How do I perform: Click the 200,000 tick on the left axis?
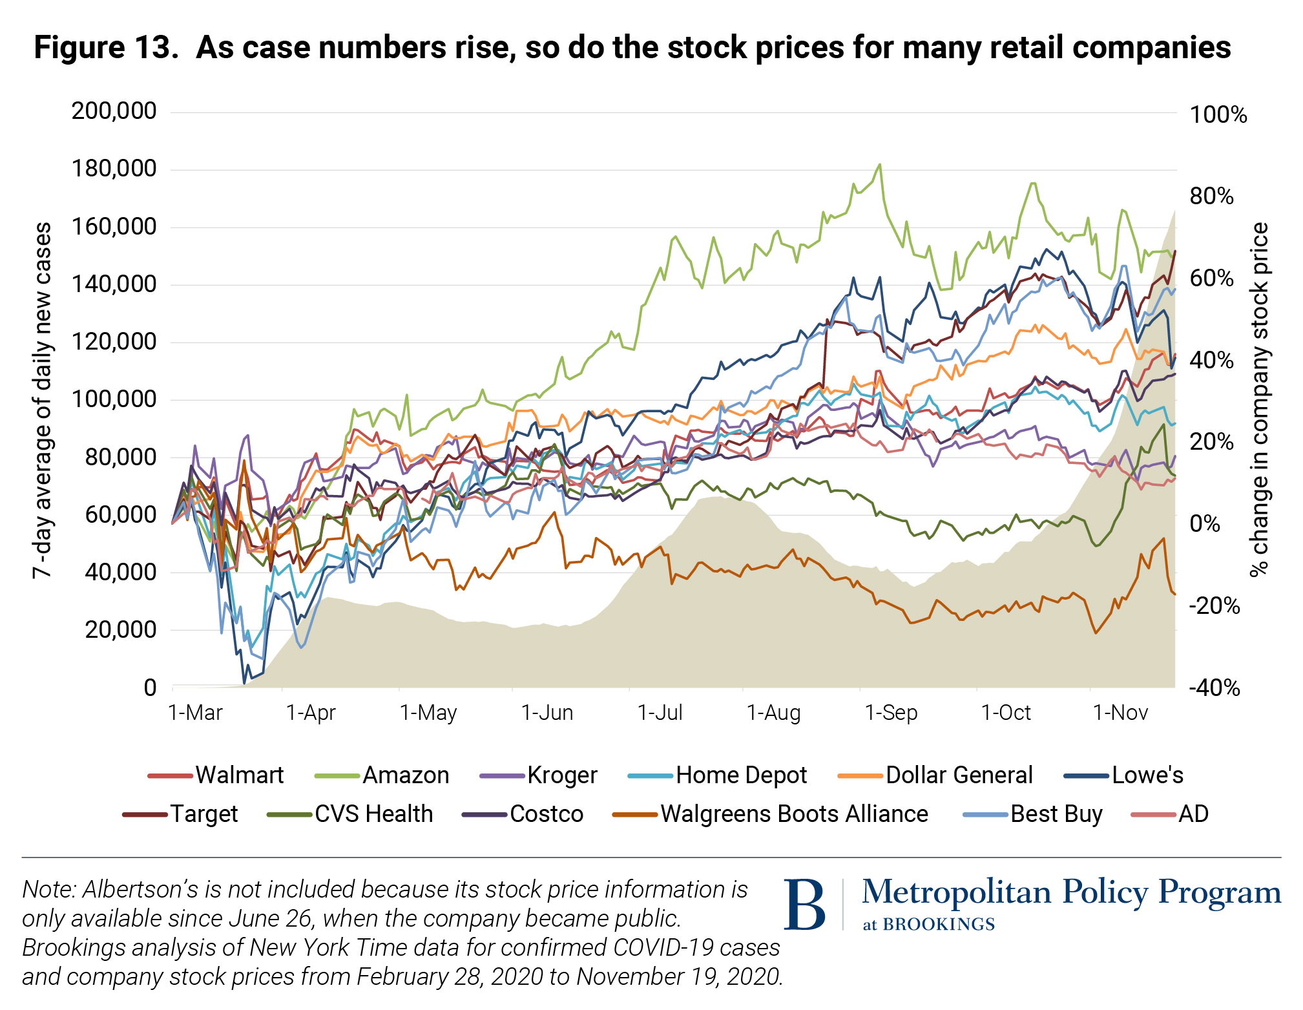coord(114,111)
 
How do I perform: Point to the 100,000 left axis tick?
coord(114,399)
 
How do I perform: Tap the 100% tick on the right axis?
coord(1218,115)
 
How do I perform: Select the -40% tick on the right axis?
coord(1214,688)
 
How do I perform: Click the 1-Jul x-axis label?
coord(660,713)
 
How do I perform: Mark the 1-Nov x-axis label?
coord(1120,713)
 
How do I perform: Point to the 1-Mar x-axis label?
coord(195,713)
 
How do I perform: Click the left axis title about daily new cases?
coord(43,400)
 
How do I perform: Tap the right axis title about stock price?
coord(1259,399)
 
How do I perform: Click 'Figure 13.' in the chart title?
coord(106,48)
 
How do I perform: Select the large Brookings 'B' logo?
coord(804,904)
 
